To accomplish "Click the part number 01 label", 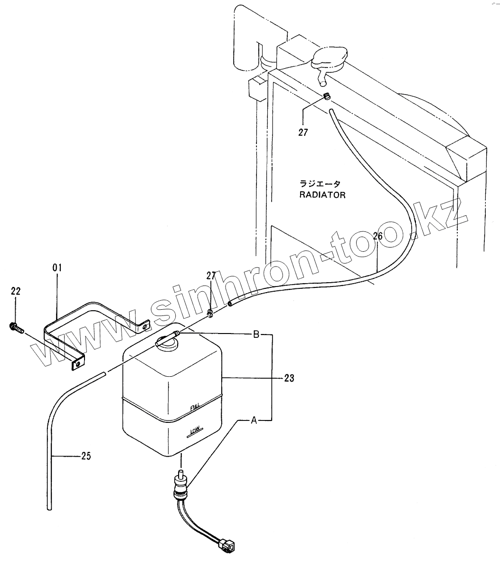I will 57,268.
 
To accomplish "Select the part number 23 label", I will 289,378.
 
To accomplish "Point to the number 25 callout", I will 85,456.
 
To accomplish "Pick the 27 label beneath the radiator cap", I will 303,133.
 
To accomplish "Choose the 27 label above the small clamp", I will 211,276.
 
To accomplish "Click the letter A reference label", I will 254,420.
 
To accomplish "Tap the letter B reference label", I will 255,334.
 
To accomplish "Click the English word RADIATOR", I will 321,195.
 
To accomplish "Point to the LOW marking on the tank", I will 195,431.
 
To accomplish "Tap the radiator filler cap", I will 329,57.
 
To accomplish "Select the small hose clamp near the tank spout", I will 210,313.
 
